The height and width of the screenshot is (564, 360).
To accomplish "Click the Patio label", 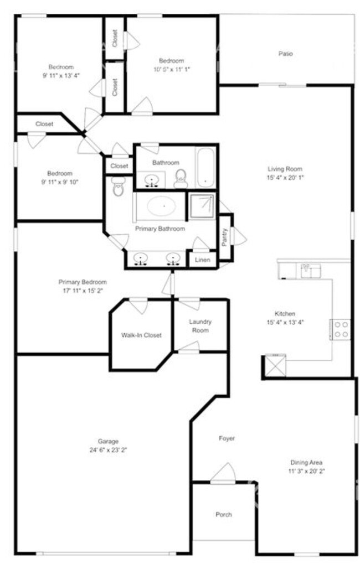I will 285,54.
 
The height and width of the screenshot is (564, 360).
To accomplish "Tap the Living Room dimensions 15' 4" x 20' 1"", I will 285,178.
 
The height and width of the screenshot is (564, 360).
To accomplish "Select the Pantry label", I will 225,237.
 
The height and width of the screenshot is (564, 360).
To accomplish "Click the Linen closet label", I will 202,259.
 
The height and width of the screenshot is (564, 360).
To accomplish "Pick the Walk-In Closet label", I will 141,335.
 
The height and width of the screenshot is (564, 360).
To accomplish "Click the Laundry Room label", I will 200,326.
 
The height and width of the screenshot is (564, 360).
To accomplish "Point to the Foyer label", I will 227,438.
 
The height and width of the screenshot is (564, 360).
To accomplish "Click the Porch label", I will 223,515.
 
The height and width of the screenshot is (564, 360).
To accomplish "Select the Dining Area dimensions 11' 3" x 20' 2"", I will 306,471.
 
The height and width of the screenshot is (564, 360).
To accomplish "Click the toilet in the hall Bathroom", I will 181,178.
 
